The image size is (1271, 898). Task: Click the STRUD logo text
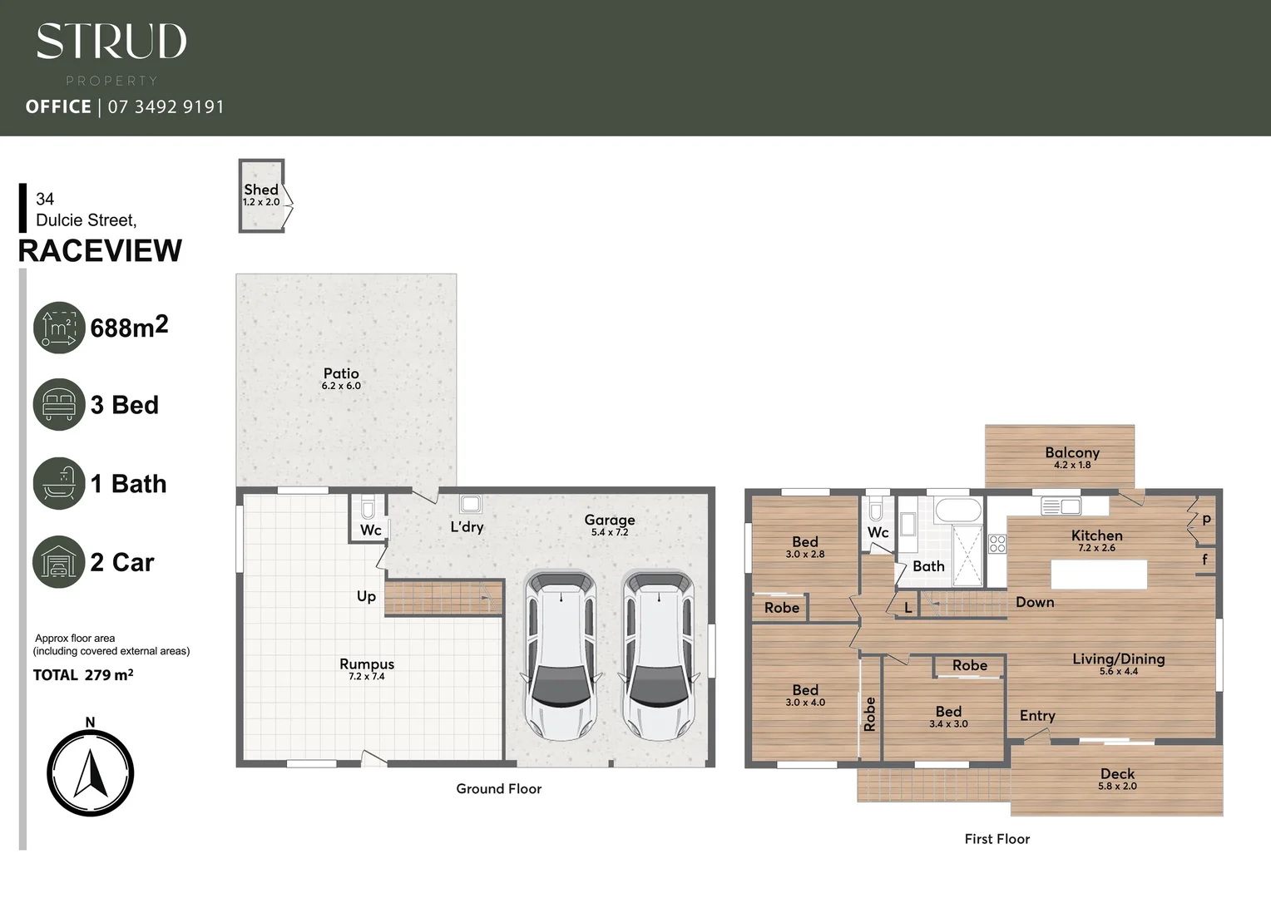click(x=111, y=42)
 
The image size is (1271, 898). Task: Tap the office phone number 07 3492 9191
click(x=166, y=106)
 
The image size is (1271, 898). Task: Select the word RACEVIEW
click(x=100, y=250)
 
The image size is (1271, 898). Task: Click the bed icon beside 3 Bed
click(x=59, y=405)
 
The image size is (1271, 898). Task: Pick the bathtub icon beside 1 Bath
click(x=59, y=483)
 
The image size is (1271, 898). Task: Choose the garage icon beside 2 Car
click(x=59, y=562)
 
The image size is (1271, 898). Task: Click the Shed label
click(x=260, y=190)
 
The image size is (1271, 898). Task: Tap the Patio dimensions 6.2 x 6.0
click(x=341, y=386)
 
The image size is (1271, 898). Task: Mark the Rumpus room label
click(x=367, y=664)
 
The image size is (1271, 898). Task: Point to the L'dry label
click(x=467, y=526)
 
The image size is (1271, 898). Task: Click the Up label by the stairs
click(x=366, y=596)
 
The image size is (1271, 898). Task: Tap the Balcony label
click(x=1072, y=452)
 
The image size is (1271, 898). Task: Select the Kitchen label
click(x=1096, y=535)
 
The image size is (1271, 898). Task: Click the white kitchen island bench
click(x=1099, y=575)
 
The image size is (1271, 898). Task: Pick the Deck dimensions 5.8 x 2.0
click(x=1117, y=786)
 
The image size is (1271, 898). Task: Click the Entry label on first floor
click(x=1037, y=715)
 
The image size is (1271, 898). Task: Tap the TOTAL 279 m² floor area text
click(x=83, y=675)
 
